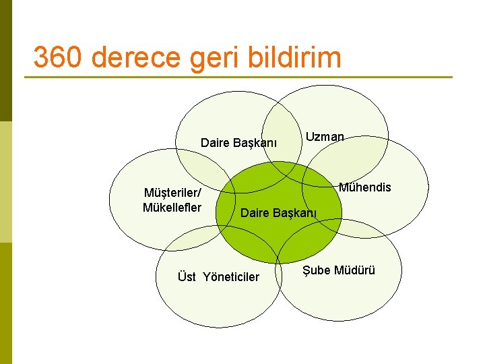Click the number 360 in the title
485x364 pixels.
(57, 58)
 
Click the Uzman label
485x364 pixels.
(325, 137)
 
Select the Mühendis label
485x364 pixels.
(364, 187)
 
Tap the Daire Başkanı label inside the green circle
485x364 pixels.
(278, 213)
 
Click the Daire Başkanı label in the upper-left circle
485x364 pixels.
(238, 143)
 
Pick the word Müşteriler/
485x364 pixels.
(172, 193)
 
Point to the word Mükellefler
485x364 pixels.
(172, 207)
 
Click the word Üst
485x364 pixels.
(187, 276)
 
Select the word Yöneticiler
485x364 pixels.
(231, 276)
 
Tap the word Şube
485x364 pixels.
(316, 270)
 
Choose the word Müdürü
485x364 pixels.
(354, 270)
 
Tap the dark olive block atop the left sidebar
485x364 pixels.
(6, 61)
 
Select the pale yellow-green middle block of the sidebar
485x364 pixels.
(6, 182)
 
